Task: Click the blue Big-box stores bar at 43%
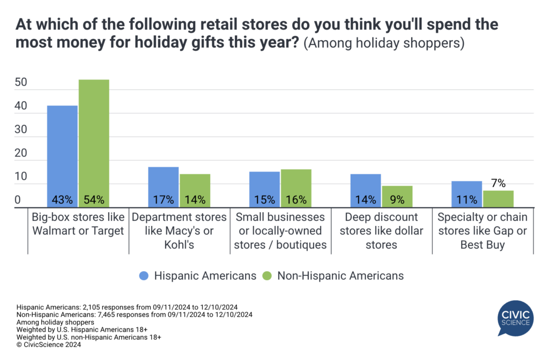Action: point(63,156)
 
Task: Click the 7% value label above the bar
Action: point(498,183)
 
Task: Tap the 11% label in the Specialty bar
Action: point(467,200)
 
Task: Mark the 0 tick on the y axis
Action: point(18,200)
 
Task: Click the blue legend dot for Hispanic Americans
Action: point(143,276)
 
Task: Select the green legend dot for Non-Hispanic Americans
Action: point(268,276)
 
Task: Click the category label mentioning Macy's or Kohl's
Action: point(179,231)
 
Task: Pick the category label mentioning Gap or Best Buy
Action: point(483,231)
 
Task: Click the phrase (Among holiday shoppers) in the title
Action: point(384,43)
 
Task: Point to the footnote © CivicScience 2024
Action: point(49,345)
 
